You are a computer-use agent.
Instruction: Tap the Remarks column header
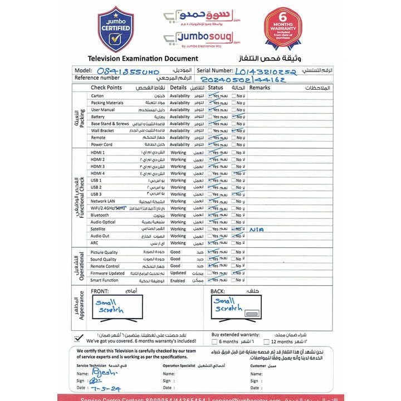260,88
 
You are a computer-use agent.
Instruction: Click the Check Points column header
106,88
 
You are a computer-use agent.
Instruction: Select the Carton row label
97,96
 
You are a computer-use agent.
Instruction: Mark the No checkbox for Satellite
234,229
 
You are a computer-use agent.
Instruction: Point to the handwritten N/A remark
257,229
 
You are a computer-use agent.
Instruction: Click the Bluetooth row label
100,215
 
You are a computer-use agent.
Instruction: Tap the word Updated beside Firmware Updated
178,273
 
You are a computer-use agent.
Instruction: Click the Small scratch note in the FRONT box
110,306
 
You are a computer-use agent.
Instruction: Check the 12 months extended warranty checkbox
266,341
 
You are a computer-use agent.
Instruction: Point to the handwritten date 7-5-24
106,388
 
